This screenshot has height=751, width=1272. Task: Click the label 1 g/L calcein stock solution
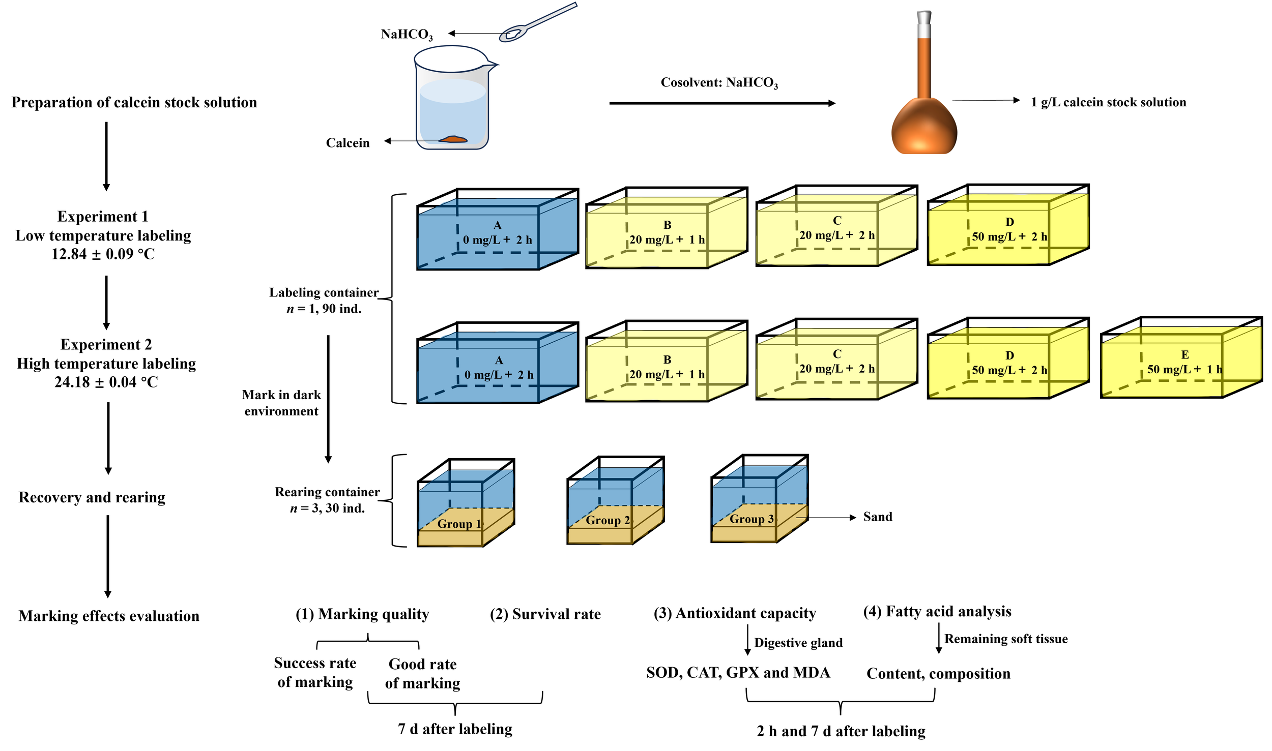coord(1108,102)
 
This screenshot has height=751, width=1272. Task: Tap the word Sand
coord(877,517)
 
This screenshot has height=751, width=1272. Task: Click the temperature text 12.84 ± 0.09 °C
coord(103,254)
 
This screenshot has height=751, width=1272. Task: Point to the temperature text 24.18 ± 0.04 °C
coord(106,382)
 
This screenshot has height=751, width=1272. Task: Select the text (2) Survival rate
coord(545,614)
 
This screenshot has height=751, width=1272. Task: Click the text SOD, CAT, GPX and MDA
coord(738,673)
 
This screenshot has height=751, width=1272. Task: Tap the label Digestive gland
coord(798,643)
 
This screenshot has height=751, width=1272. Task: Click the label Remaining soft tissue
coord(1005,639)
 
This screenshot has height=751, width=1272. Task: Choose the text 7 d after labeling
coord(455,729)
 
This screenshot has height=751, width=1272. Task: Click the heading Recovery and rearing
coord(92,497)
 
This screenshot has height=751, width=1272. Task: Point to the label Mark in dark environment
coord(281,403)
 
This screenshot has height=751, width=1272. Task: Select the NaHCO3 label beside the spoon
coord(407,35)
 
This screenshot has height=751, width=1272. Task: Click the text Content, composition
coord(938,674)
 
